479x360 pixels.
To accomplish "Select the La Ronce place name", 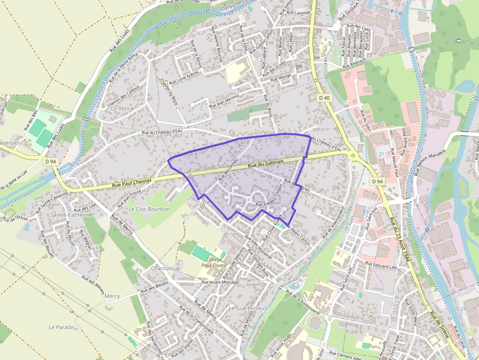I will (122, 108).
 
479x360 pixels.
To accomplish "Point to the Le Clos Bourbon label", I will (149, 209).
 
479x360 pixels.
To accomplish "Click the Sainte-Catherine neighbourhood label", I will (71, 214).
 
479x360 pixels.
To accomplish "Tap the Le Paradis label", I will (62, 327).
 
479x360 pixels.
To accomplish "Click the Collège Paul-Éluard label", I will (214, 262).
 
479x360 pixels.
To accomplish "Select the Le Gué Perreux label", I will (248, 308).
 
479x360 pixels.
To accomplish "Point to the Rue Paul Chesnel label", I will (131, 182).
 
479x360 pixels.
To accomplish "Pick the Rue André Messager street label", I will (220, 282).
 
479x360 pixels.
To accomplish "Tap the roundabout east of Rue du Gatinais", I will (352, 156).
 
